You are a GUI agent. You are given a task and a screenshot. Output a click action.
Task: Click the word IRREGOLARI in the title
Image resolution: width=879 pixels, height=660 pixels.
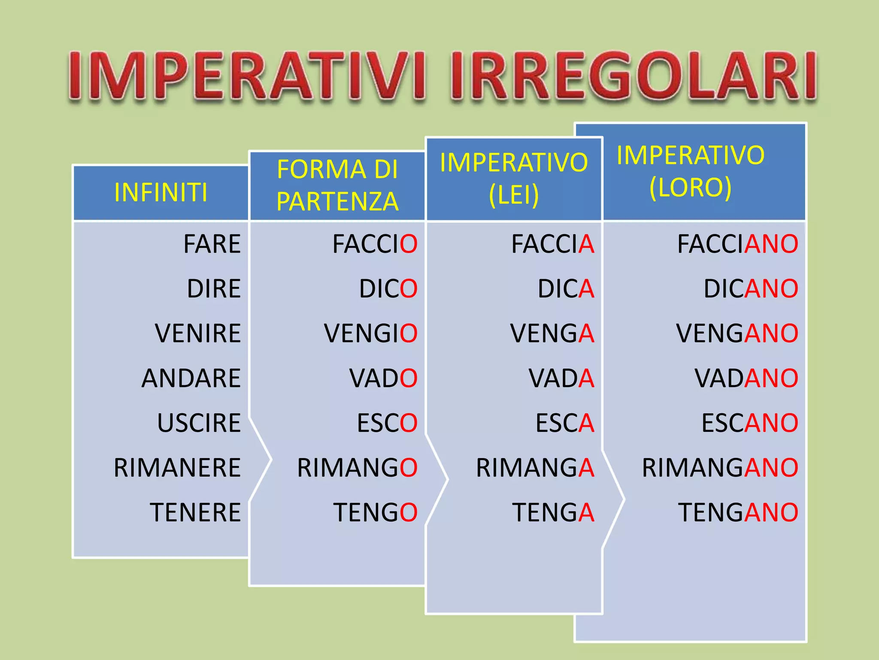(x=633, y=76)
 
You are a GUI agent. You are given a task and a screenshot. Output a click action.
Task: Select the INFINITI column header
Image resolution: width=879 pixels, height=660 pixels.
(x=161, y=192)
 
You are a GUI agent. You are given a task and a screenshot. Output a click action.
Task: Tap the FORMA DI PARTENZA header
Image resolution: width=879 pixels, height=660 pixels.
(x=337, y=185)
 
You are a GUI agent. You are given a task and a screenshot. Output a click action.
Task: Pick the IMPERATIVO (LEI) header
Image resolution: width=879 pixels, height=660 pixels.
(x=514, y=178)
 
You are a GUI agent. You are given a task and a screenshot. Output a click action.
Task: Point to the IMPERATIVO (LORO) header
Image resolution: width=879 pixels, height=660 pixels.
(x=690, y=171)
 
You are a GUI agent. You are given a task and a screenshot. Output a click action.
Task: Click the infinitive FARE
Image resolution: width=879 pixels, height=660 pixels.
(x=212, y=244)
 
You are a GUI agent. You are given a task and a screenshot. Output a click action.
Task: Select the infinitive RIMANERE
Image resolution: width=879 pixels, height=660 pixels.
(x=177, y=467)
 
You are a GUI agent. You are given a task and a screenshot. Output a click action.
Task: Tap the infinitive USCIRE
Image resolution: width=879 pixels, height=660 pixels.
(x=199, y=423)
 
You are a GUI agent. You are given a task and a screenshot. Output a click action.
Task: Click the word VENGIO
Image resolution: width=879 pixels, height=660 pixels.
(x=370, y=333)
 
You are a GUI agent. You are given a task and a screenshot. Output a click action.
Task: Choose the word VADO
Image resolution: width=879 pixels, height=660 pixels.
(x=383, y=378)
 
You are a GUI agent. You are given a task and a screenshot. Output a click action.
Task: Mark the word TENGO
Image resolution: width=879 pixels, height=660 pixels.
(x=375, y=512)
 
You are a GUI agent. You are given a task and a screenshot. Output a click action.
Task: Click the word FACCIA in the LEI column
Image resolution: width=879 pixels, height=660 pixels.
(x=552, y=244)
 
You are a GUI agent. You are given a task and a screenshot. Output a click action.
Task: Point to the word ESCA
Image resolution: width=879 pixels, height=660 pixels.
(x=564, y=423)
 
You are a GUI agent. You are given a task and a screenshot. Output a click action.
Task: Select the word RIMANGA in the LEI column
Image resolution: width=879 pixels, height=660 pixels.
(x=535, y=467)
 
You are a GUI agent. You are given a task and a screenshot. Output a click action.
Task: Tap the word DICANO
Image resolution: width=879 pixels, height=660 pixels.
(x=751, y=288)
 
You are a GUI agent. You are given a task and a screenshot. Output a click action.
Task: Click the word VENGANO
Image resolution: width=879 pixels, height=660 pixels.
(x=737, y=333)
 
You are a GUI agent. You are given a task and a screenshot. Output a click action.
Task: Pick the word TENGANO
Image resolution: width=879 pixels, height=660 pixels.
(x=738, y=512)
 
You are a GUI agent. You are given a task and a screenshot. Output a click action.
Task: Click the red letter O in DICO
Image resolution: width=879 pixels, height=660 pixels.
(x=409, y=288)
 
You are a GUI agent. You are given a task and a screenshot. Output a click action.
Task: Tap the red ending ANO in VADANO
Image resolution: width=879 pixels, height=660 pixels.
(x=771, y=378)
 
